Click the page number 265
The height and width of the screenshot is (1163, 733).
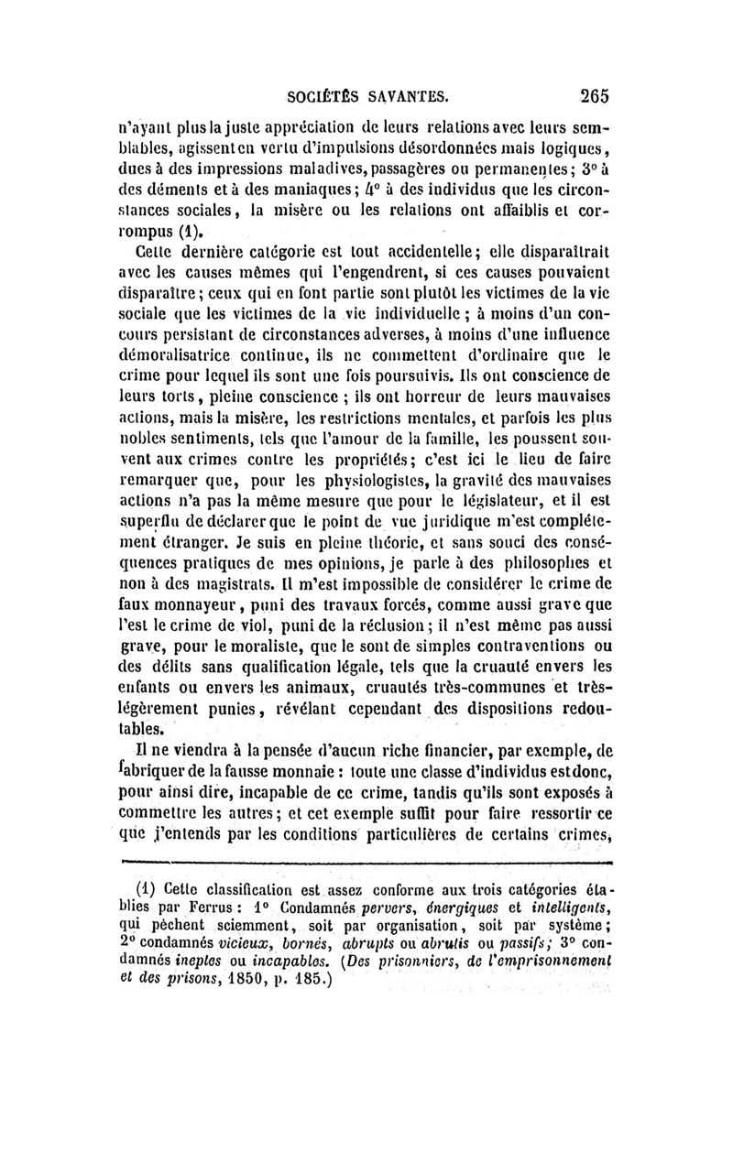point(593,94)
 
